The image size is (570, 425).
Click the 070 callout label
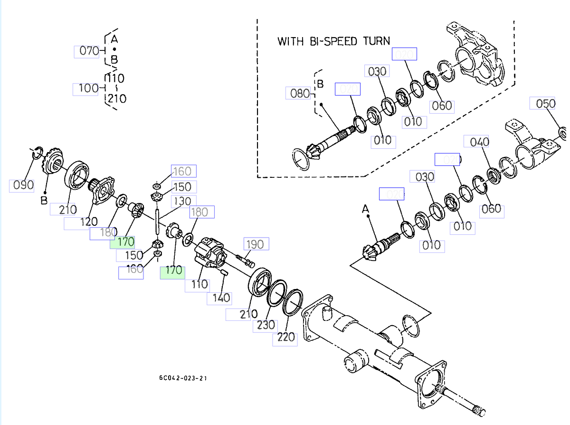(x=88, y=51)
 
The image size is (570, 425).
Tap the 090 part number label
(x=22, y=185)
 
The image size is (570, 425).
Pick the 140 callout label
(x=220, y=298)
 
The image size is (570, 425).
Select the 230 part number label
(x=266, y=325)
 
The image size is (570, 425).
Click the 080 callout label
(x=299, y=93)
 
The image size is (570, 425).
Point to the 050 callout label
(x=545, y=104)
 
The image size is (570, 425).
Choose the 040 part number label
(x=479, y=142)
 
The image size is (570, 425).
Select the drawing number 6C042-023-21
(x=183, y=378)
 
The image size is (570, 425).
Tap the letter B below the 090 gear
(x=43, y=201)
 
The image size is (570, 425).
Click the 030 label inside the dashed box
(x=377, y=71)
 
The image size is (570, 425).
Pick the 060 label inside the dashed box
(x=441, y=106)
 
